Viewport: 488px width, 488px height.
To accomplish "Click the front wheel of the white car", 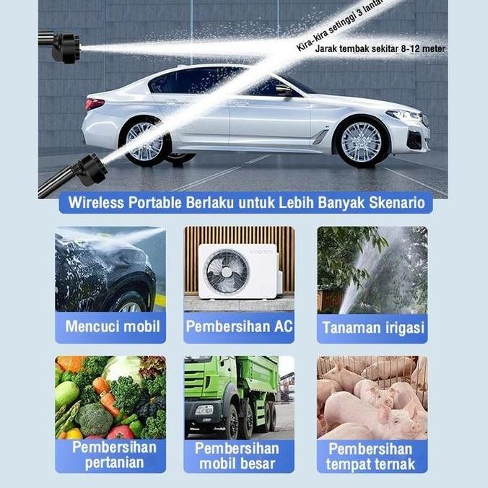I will point(361,141).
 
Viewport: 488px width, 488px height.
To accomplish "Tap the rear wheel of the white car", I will point(145,140).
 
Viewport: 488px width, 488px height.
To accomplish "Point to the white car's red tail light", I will point(95,104).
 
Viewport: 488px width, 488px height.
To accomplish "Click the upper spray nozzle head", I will point(66,48).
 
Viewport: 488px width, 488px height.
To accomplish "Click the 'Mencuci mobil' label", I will point(113,326).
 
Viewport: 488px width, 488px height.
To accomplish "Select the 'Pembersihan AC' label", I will point(239,326).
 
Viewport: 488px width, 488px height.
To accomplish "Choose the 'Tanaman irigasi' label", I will point(372,328).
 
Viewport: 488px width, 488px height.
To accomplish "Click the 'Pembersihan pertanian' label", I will point(113,455).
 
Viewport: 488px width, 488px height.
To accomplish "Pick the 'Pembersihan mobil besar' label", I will point(239,456).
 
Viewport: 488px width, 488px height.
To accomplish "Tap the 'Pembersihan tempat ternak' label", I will point(371,456).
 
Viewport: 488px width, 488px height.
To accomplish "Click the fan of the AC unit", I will point(227,271).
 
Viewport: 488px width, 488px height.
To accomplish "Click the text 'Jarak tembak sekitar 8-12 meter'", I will point(380,49).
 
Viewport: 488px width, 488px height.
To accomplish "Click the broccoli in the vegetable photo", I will point(95,419).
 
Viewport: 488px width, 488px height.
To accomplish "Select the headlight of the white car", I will point(404,115).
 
